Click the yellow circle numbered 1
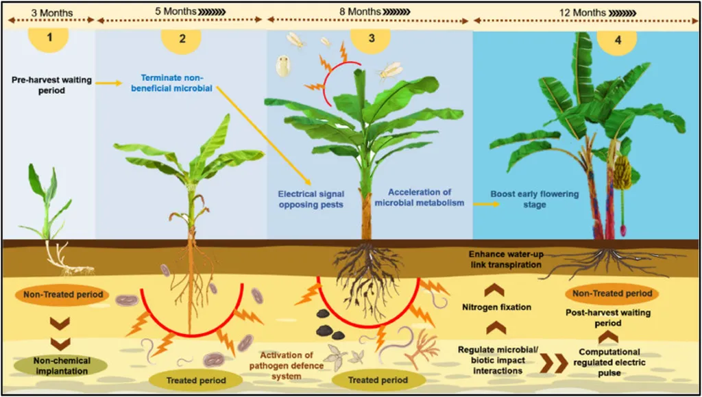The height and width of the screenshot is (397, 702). [48, 39]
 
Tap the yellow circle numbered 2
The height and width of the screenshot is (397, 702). [182, 39]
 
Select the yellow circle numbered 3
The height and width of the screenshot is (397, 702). [371, 39]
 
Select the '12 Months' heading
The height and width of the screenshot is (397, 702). [573, 11]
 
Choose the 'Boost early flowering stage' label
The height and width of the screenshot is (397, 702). [535, 199]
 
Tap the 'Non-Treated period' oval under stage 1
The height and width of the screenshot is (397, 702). [62, 295]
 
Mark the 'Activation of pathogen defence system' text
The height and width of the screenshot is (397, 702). [286, 365]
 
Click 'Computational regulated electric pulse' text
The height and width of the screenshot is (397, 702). [601, 362]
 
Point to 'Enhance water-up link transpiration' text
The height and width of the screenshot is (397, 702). [506, 259]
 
